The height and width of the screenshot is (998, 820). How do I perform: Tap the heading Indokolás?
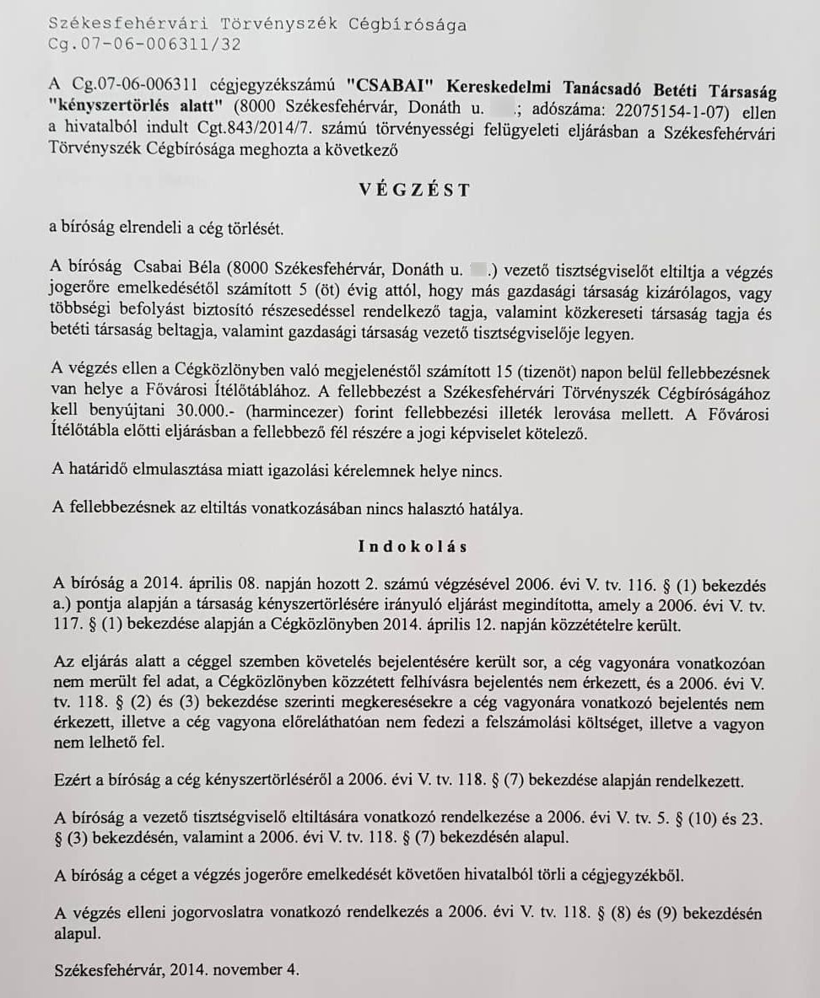[x=413, y=545]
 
